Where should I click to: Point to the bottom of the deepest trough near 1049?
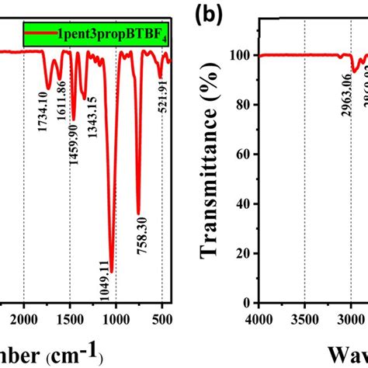click(x=112, y=272)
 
